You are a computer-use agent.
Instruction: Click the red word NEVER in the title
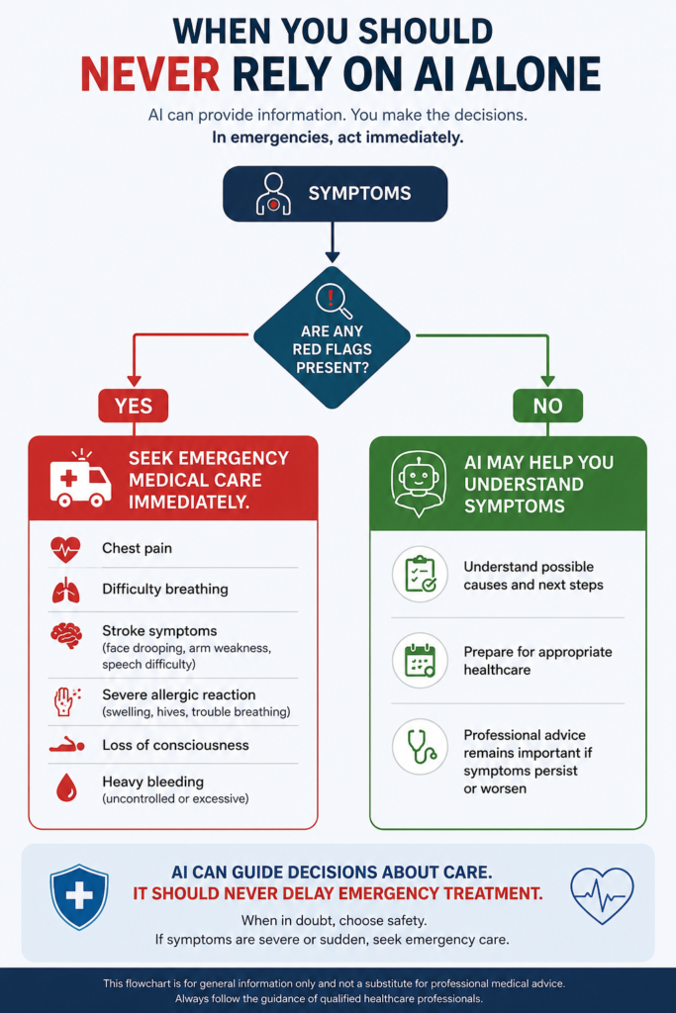(149, 73)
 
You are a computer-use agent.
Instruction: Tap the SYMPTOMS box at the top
(335, 194)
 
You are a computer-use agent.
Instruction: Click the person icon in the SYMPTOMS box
(273, 194)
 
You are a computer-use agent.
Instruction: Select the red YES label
(134, 406)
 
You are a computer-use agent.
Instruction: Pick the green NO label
(547, 406)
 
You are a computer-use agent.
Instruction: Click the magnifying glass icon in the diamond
(334, 302)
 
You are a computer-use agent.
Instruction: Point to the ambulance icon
(80, 479)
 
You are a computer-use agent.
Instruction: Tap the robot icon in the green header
(419, 483)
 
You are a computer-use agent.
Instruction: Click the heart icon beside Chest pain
(65, 549)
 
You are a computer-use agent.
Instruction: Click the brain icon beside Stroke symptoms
(66, 635)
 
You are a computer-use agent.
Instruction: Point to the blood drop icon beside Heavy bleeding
(66, 787)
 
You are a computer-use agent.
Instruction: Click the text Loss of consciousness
(175, 745)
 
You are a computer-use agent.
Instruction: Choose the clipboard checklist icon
(420, 574)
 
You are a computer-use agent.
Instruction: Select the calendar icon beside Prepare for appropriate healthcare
(420, 660)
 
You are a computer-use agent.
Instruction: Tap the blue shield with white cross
(79, 896)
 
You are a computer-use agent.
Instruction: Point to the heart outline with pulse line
(603, 894)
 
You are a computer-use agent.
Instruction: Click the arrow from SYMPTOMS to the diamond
(333, 242)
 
